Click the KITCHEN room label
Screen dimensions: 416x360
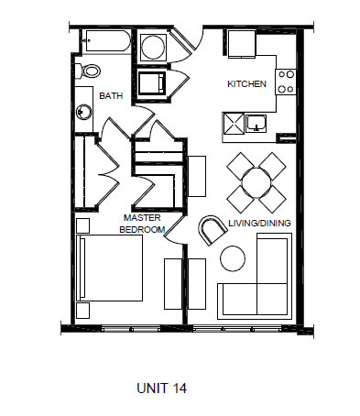[246, 84]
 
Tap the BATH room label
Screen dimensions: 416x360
[111, 93]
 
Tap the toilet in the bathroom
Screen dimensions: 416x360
[91, 71]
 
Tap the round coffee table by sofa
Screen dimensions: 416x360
[234, 258]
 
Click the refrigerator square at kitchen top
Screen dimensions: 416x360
[242, 45]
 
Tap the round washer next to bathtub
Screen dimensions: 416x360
[153, 47]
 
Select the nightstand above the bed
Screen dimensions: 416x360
[83, 223]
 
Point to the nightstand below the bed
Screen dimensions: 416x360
[83, 311]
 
